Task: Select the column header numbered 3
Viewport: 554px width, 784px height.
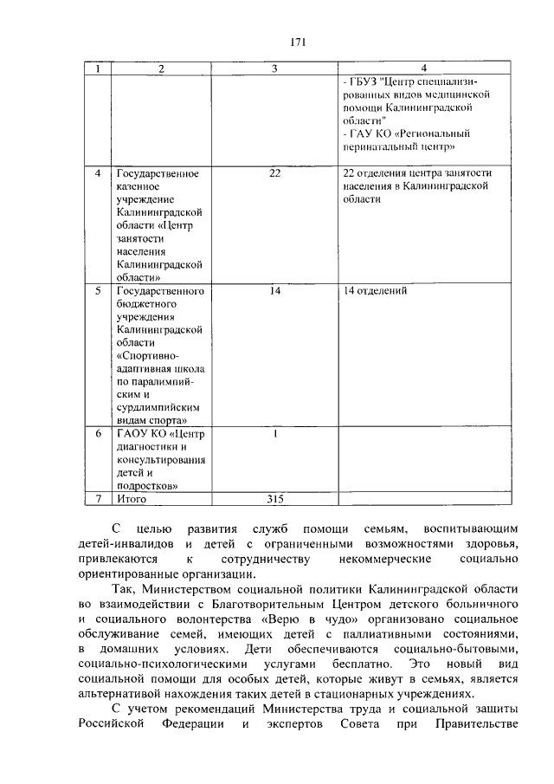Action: click(274, 68)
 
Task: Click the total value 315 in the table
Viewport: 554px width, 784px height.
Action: click(274, 499)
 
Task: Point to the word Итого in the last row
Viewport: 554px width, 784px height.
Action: click(132, 499)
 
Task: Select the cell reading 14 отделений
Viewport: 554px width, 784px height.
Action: click(375, 291)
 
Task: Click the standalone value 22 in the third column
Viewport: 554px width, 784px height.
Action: click(274, 173)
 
